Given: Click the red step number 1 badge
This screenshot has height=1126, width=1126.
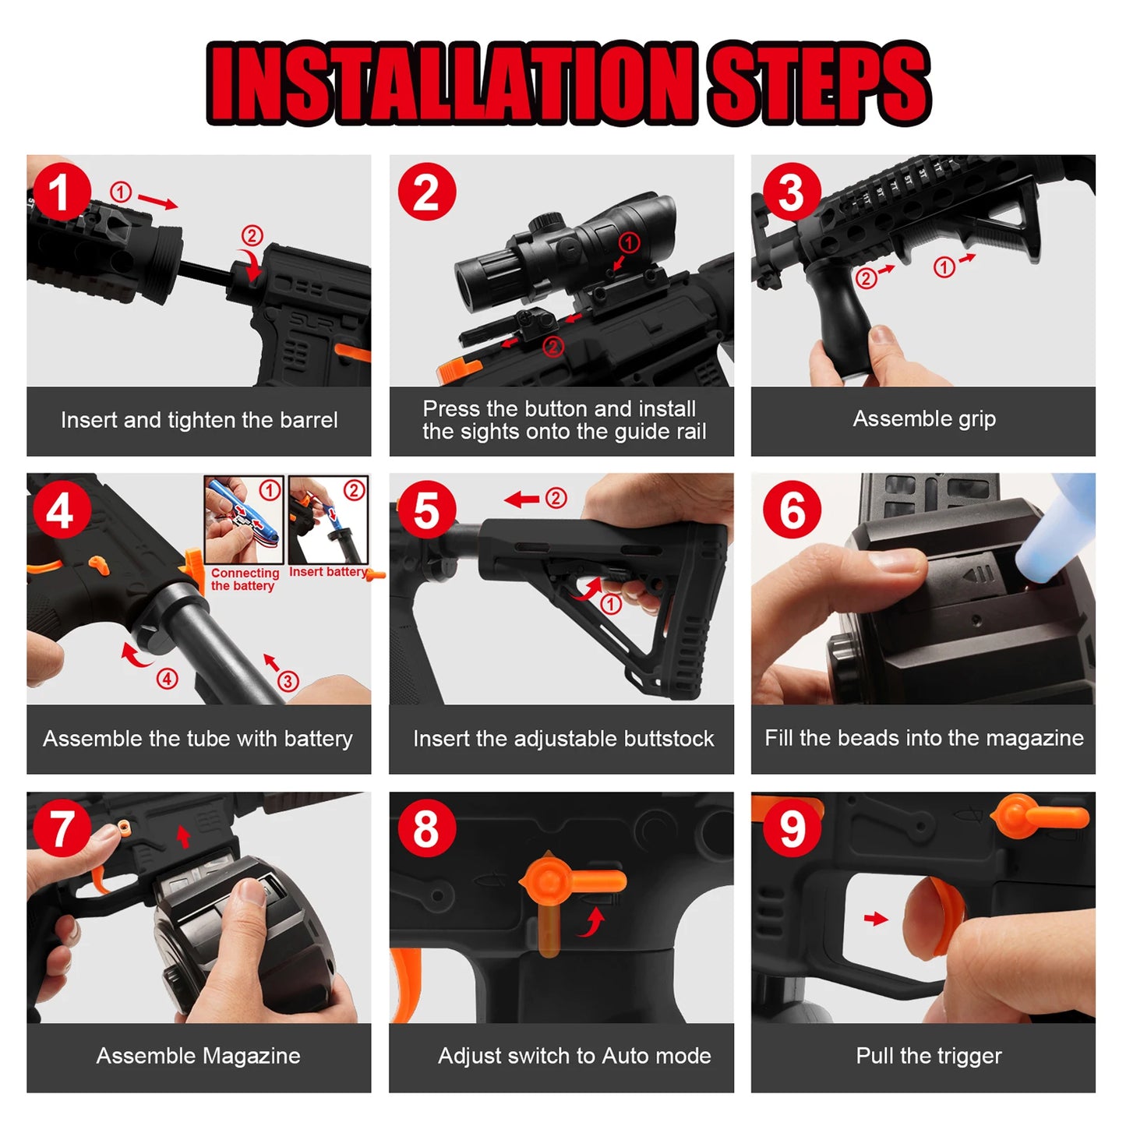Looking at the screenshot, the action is [x=62, y=192].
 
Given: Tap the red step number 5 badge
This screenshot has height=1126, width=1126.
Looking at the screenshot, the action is [x=426, y=510].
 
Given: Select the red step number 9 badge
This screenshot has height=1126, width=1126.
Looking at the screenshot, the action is [x=792, y=828].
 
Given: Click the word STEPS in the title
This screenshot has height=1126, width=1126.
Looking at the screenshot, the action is [x=819, y=83].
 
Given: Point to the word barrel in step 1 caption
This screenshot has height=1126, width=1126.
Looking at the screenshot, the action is [x=309, y=419].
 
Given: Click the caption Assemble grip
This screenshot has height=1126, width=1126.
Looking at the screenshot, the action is [x=924, y=419].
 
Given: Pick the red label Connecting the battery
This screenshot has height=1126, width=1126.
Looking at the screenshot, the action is [x=244, y=579].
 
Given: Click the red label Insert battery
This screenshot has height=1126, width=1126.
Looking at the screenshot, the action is [x=328, y=571].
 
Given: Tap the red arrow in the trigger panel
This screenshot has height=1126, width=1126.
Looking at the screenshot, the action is [x=876, y=919].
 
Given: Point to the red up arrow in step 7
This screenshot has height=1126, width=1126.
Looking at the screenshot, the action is [x=183, y=836].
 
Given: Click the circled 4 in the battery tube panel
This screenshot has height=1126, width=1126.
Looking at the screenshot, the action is [x=167, y=679].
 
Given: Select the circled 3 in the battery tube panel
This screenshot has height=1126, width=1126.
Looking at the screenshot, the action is [x=288, y=681].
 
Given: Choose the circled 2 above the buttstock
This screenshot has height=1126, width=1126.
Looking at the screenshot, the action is [x=556, y=498].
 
